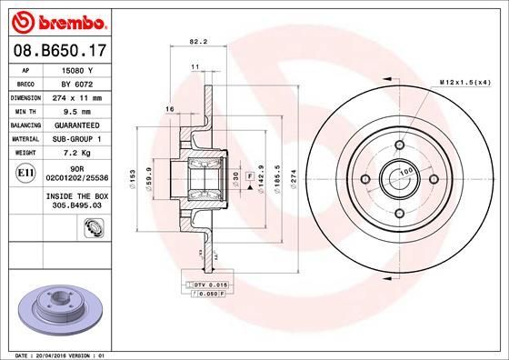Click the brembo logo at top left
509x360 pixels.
59,20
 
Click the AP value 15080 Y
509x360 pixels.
78,69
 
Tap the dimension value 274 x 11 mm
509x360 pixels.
78,96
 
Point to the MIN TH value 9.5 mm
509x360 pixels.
78,110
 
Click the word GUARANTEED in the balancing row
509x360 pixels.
78,124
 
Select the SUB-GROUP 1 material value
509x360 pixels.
78,137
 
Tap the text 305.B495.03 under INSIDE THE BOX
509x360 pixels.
78,205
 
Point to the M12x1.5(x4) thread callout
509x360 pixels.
465,83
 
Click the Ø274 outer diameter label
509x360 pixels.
294,178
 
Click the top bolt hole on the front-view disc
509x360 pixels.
399,144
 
